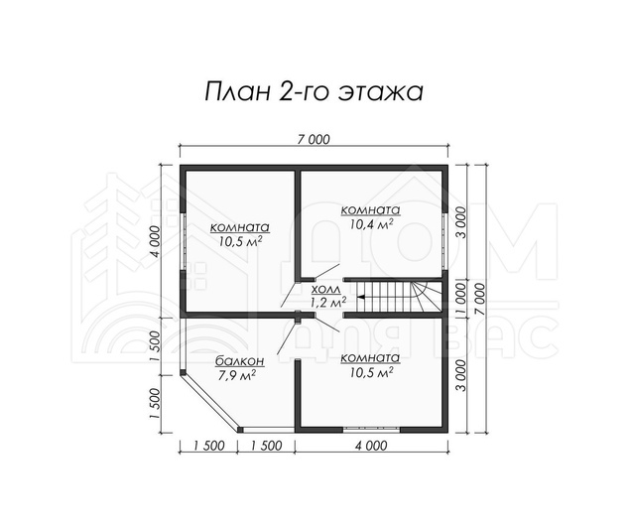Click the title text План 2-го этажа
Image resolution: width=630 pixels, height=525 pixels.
click(x=314, y=92)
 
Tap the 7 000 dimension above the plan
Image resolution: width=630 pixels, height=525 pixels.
click(x=314, y=139)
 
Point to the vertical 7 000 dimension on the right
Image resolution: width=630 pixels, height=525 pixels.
click(x=480, y=299)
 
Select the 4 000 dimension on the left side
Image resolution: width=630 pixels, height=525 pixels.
click(x=156, y=241)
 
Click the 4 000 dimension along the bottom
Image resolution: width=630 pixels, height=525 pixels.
click(x=371, y=446)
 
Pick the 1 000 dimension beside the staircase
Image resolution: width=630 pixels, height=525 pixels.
click(x=461, y=299)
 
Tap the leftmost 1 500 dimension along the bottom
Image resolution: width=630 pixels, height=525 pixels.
click(x=208, y=446)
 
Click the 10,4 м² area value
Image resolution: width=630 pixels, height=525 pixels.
click(x=371, y=223)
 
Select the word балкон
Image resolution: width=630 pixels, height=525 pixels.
click(x=240, y=361)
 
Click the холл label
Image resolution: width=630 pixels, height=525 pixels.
click(x=325, y=289)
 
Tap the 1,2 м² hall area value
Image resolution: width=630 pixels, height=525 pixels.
click(x=328, y=302)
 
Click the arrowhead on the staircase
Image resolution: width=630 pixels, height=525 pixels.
click(x=360, y=297)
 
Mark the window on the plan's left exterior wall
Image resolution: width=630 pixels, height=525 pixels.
click(x=183, y=241)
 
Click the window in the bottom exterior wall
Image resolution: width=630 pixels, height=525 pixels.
click(x=372, y=430)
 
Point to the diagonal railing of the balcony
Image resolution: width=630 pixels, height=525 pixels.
click(x=211, y=402)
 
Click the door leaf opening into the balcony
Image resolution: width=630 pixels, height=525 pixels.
click(x=287, y=336)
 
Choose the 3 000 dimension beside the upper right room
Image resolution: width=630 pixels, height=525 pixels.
click(x=461, y=222)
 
